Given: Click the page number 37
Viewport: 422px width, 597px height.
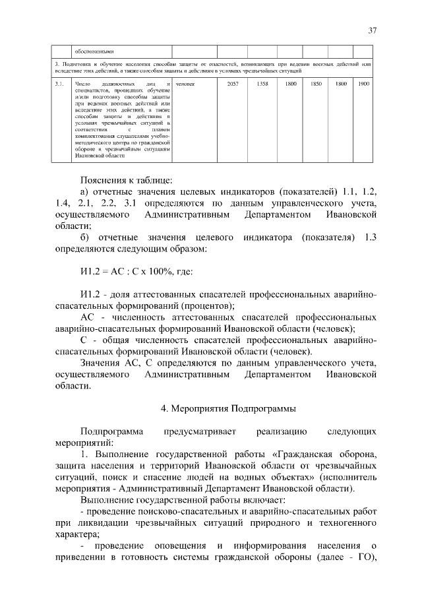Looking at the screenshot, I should coord(372,30).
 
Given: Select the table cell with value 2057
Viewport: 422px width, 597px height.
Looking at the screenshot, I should coord(232,84).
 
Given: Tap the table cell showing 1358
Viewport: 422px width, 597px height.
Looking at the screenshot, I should coord(262,84).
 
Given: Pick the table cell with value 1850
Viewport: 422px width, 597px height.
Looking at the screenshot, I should coord(316,84).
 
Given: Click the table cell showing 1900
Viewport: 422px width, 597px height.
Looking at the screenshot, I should coord(363,84).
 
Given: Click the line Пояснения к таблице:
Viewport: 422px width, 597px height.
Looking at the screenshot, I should coord(126,179).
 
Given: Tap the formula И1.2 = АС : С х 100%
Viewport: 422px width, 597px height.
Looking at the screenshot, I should coord(136,272).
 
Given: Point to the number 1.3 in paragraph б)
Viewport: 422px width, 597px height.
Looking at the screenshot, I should coord(369,237).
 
